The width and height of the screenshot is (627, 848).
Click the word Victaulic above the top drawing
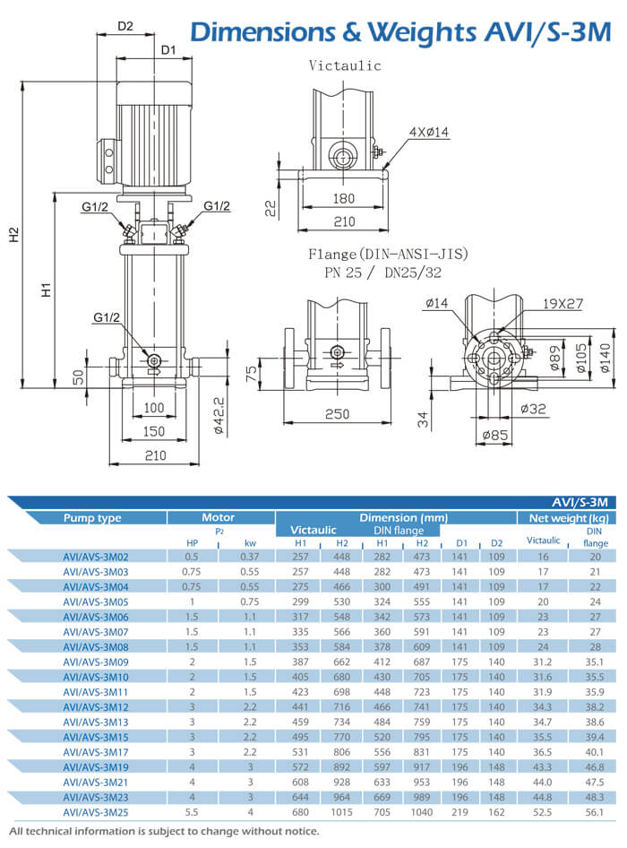(x=345, y=65)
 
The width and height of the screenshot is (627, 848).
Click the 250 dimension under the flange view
(x=337, y=414)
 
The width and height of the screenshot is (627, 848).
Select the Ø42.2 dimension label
(x=218, y=411)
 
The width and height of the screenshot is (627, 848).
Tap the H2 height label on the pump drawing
(x=13, y=235)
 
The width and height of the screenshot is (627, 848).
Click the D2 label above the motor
(x=125, y=27)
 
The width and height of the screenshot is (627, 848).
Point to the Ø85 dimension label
(x=496, y=437)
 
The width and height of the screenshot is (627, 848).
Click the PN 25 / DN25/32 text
(x=382, y=273)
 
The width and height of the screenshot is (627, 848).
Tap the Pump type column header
(x=92, y=517)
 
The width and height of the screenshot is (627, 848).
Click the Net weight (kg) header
(x=568, y=517)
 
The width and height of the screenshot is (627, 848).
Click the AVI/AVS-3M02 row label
(x=96, y=556)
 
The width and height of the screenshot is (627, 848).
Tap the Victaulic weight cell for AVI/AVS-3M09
(x=543, y=662)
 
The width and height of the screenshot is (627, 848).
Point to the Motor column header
(x=219, y=517)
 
